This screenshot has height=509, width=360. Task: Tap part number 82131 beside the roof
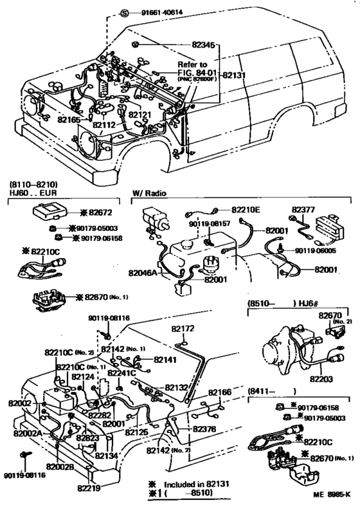click(x=235, y=75)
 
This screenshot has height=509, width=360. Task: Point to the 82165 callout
click(x=69, y=119)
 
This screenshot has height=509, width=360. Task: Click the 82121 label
click(x=139, y=115)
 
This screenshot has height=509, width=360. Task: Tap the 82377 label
click(x=303, y=210)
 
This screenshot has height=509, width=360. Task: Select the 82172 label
click(x=182, y=328)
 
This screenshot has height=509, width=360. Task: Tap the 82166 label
click(x=219, y=392)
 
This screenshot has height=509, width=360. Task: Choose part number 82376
click(x=204, y=429)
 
